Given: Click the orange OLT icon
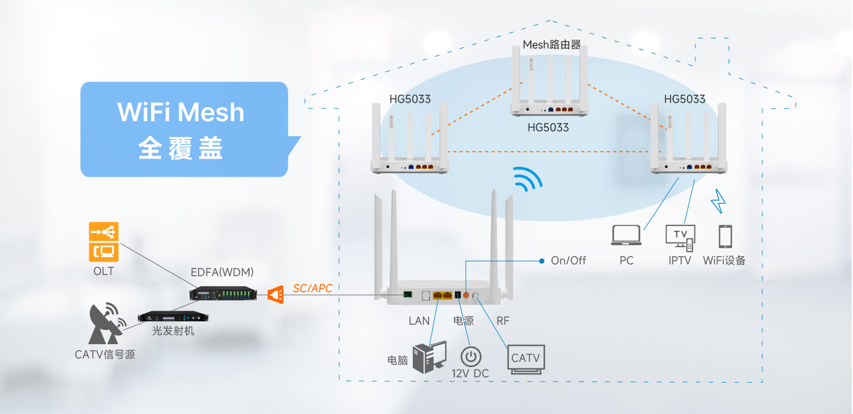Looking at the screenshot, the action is click(104, 242).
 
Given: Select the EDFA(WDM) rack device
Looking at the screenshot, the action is click(223, 293).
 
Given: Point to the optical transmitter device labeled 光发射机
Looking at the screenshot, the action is click(173, 316).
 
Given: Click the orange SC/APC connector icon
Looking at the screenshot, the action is click(275, 295).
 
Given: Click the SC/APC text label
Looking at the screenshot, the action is click(313, 288).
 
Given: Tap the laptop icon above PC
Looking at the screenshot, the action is click(626, 235).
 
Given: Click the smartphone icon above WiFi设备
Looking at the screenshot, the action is click(725, 237).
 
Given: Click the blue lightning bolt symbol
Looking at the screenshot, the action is click(718, 201).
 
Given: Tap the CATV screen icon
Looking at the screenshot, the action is click(526, 359).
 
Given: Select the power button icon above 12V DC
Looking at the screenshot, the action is click(471, 357).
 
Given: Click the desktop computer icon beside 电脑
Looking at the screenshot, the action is click(429, 357).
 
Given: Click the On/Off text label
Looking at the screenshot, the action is click(568, 261).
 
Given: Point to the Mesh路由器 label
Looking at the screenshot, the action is click(551, 45).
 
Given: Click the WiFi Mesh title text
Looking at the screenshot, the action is click(181, 112).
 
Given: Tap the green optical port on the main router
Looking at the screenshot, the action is click(408, 295).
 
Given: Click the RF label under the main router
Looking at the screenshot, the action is click(503, 321).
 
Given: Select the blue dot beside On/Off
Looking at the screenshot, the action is click(541, 261).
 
